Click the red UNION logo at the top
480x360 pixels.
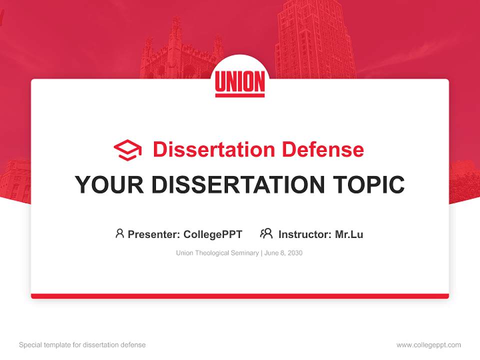pos(240,82)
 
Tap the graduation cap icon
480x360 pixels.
pos(127,150)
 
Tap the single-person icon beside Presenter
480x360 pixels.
pos(119,233)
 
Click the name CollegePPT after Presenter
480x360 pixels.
pos(212,234)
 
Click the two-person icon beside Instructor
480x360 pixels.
pos(266,233)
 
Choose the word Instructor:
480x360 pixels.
pos(305,234)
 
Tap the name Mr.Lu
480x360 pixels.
pos(349,234)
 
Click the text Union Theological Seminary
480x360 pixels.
pos(217,253)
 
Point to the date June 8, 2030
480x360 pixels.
pos(283,253)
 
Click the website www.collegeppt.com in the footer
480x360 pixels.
pos(428,345)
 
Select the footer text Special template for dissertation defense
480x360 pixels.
pos(82,345)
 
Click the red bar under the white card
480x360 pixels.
pos(240,296)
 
